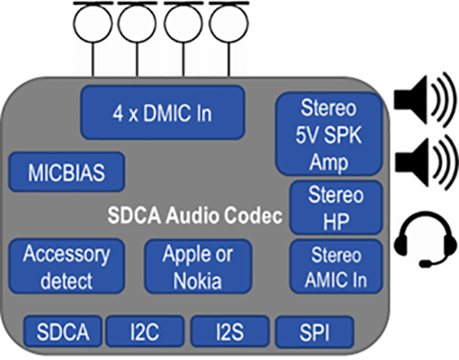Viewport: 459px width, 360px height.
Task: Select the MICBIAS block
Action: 67,171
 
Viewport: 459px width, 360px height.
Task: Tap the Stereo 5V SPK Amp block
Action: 328,133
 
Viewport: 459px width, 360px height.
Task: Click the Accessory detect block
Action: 67,265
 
